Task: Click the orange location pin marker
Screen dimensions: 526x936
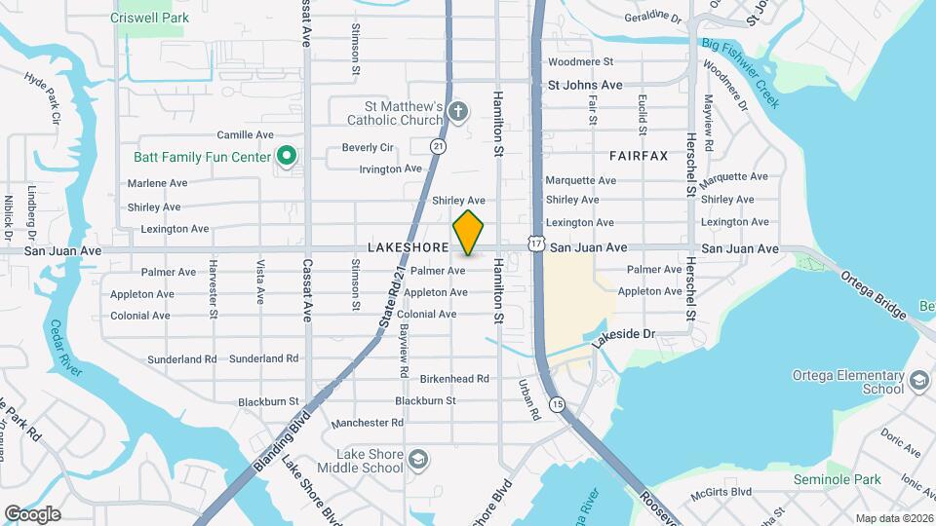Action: click(469, 233)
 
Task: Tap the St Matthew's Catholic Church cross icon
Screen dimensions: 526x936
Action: click(459, 113)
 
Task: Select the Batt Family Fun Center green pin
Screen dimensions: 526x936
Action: click(287, 155)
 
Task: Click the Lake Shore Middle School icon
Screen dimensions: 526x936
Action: click(418, 459)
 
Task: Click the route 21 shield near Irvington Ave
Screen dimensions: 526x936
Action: click(439, 145)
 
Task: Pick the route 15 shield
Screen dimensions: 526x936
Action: click(557, 403)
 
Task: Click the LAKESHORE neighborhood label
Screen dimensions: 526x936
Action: click(407, 248)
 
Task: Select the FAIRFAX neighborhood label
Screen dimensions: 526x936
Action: click(639, 155)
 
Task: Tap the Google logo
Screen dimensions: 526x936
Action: click(32, 513)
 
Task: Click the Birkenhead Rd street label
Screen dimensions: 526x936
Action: click(453, 378)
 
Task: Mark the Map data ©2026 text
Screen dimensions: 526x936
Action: click(894, 517)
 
